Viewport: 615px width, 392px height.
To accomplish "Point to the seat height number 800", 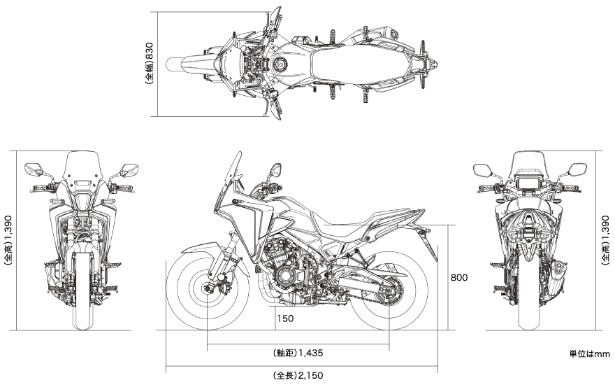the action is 459,277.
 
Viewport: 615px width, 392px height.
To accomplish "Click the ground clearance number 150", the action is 285,318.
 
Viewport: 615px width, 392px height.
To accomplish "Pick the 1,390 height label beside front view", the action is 8,232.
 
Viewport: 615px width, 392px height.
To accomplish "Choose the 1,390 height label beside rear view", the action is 606,232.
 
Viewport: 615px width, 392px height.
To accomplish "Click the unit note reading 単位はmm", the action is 590,354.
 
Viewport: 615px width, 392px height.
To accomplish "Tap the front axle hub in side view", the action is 207,288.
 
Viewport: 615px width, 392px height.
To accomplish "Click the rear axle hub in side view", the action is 389,291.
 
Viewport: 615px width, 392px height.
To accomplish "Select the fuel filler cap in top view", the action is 280,64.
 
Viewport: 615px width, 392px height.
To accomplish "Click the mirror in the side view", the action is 276,170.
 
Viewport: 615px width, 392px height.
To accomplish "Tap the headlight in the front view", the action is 82,201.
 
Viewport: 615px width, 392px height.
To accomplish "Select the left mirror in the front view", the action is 34,169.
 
